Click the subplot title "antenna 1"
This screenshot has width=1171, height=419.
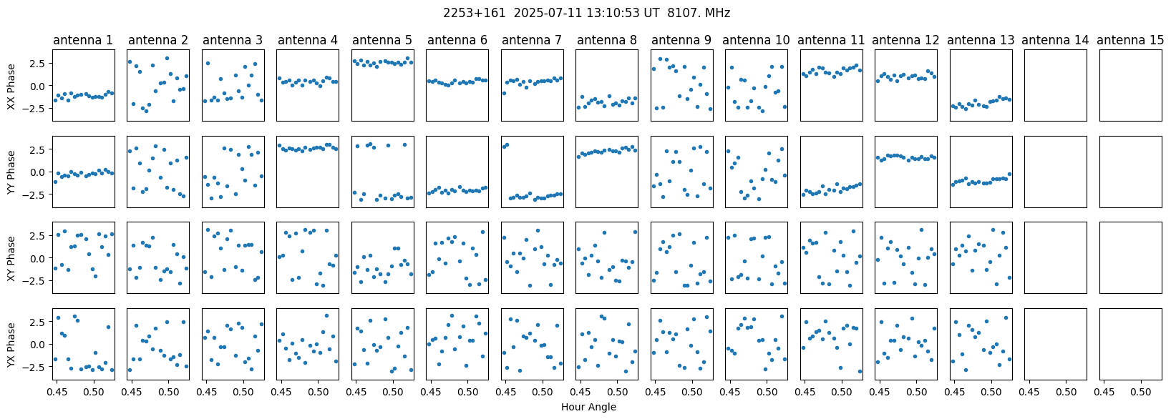click(83, 40)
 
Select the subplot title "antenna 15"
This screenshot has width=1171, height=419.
click(1130, 40)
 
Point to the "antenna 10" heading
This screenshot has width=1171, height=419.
click(757, 40)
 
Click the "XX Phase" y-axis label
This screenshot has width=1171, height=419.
click(11, 86)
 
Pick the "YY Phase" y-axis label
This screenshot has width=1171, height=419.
click(11, 172)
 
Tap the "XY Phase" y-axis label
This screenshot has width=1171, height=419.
click(11, 258)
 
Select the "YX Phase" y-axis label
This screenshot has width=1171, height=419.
click(11, 344)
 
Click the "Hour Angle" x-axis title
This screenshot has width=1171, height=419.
click(588, 408)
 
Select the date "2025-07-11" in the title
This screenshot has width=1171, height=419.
click(533, 13)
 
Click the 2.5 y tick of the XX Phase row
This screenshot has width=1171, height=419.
click(40, 64)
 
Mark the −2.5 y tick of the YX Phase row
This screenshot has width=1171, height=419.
click(37, 367)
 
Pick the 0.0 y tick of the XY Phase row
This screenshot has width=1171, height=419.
click(40, 258)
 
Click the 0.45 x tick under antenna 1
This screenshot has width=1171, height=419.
click(57, 392)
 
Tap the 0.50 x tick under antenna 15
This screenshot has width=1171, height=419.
click(1141, 392)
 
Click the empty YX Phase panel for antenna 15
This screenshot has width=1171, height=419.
click(1130, 344)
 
